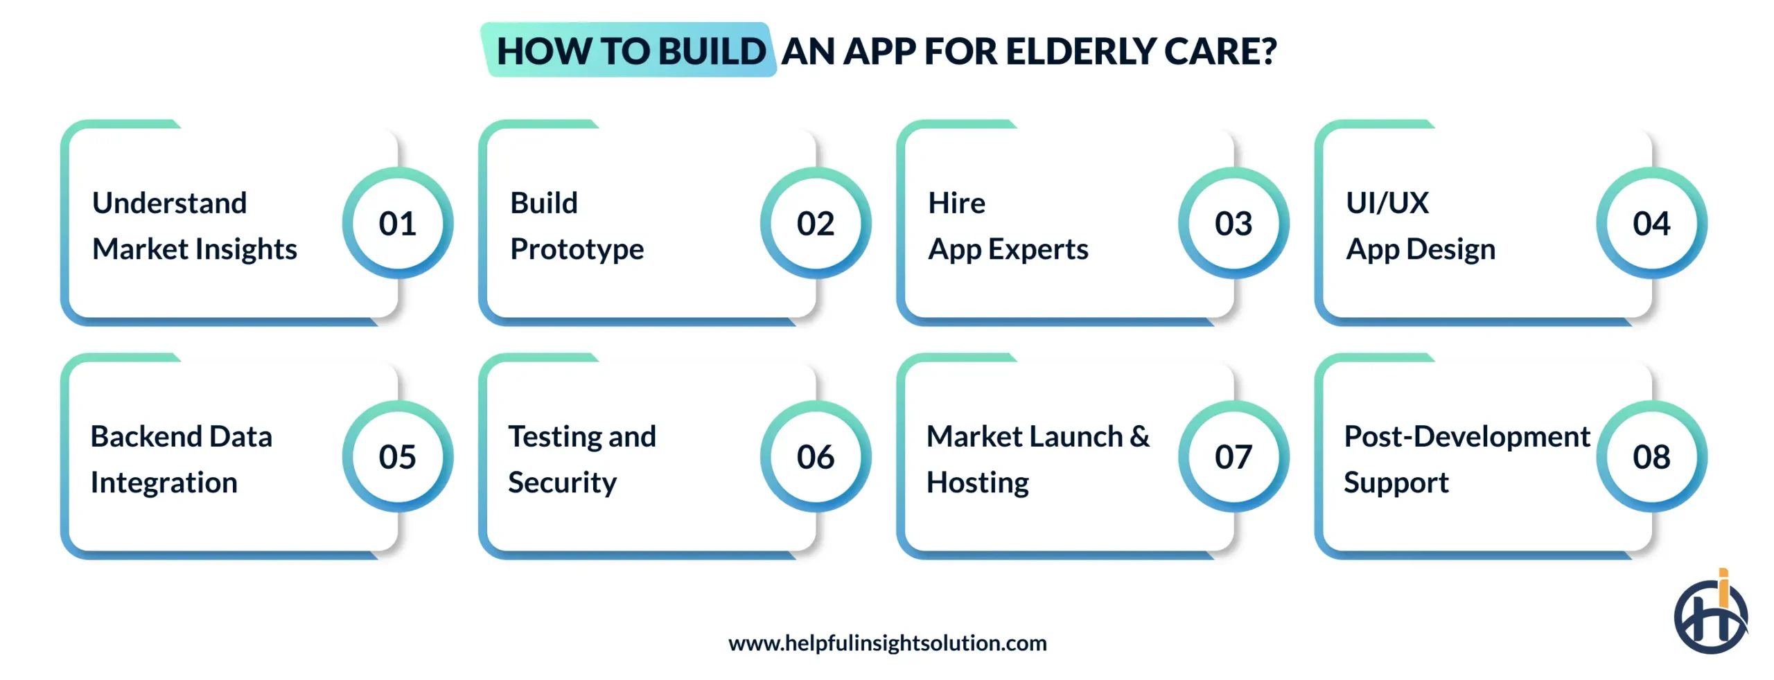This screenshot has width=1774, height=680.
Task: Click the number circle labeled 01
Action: coord(397,223)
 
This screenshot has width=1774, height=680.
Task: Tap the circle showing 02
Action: coord(815,223)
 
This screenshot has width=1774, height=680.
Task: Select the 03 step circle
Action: coord(1233,223)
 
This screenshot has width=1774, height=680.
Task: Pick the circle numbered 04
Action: coord(1651,223)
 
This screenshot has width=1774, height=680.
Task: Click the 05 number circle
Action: coord(397,456)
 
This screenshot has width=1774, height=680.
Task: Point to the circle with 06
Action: coord(815,456)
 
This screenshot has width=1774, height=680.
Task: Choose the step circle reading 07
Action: coord(1233,456)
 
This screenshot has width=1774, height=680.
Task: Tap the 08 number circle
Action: coord(1651,456)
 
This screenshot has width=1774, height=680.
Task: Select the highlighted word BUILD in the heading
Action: coord(711,51)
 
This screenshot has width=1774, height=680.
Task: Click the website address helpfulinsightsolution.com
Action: coord(887,643)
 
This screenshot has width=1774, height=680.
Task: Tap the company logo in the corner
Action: coord(1710,614)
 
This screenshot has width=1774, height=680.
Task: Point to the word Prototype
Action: coord(577,249)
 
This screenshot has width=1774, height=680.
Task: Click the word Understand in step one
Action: coord(169,203)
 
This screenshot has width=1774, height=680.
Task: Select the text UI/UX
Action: coord(1387,203)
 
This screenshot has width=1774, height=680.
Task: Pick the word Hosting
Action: coord(977,483)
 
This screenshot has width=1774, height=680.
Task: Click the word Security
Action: coord(562,483)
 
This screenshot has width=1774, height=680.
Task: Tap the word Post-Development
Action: coord(1466,436)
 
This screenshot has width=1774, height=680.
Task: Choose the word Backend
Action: coord(146,436)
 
